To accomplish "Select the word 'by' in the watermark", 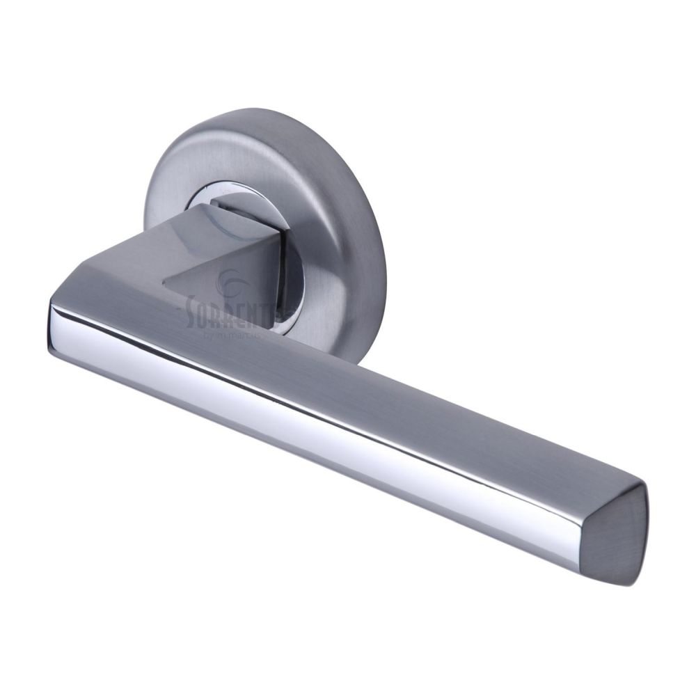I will click(x=209, y=335).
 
